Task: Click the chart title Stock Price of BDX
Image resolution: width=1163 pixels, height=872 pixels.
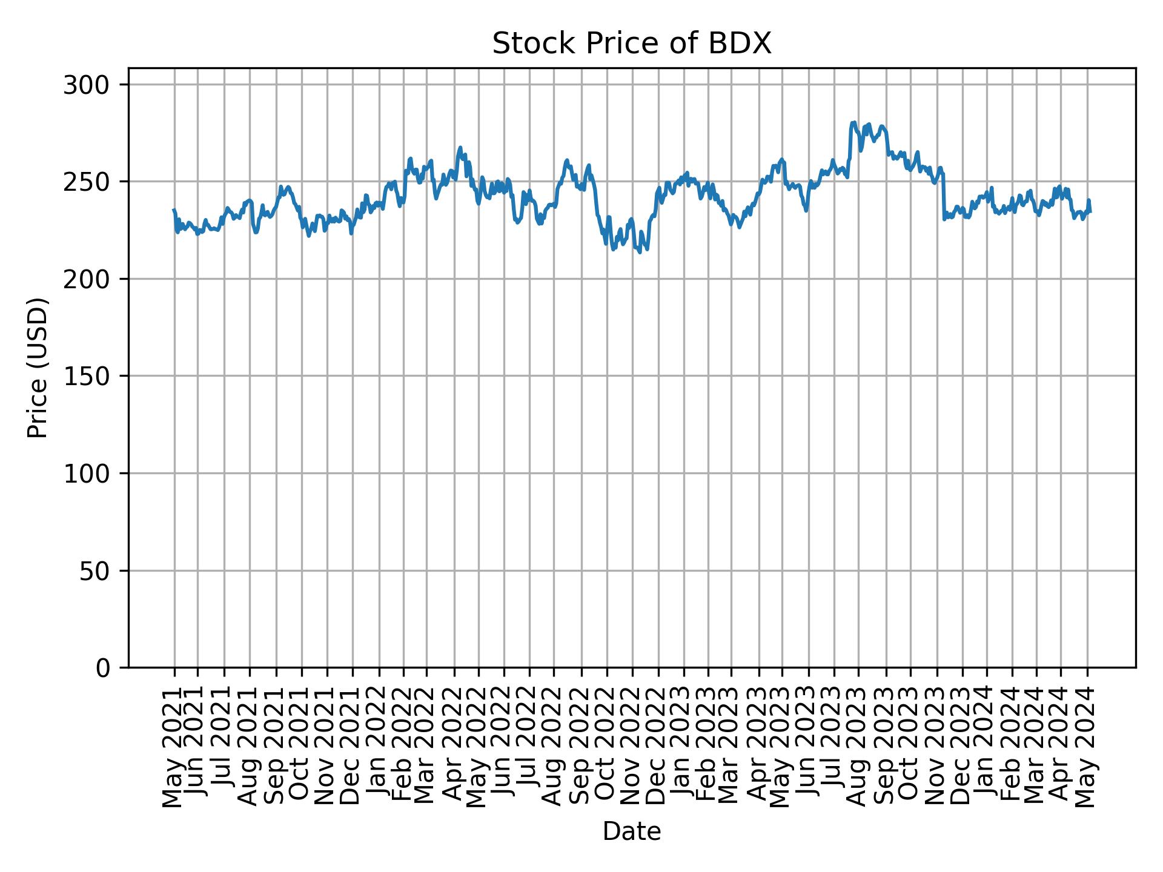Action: (x=631, y=44)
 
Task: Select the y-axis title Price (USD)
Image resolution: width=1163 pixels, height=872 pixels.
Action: (x=38, y=367)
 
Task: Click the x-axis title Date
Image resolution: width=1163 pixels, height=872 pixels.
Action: (x=631, y=831)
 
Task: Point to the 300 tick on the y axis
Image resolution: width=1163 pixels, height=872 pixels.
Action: (x=90, y=85)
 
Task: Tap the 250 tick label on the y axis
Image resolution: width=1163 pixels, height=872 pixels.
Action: (x=90, y=182)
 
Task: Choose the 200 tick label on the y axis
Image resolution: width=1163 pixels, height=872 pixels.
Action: (x=90, y=279)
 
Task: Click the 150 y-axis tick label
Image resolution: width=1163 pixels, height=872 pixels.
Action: (x=90, y=376)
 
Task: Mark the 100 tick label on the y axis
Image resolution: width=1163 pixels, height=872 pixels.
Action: (x=90, y=474)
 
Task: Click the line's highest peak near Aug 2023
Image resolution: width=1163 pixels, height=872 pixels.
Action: (x=854, y=122)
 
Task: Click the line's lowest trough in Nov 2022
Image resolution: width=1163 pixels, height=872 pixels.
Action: (x=640, y=252)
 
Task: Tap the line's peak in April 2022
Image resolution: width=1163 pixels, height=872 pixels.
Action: (x=460, y=147)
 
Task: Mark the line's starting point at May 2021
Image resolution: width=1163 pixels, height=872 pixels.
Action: (x=174, y=210)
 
